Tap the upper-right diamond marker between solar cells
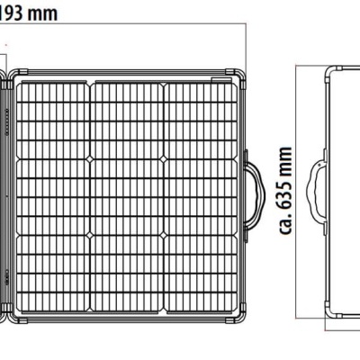(164, 158)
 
